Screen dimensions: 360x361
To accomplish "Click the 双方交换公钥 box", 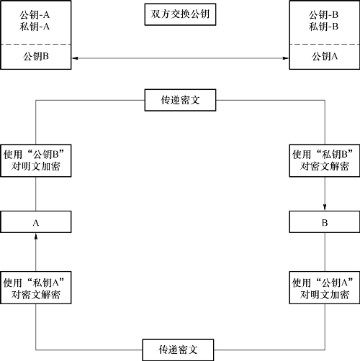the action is coord(180,14).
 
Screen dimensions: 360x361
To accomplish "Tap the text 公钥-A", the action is coord(35,15).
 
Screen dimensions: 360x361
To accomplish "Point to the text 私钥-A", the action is coord(35,27).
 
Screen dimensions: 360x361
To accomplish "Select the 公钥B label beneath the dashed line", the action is coord(36,56).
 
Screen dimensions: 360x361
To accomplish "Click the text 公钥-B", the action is coord(323,15).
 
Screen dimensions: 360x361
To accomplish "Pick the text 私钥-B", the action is coord(323,27).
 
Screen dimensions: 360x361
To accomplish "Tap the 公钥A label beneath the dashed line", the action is coord(325,56).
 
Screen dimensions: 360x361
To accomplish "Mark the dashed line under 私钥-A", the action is coord(36,44).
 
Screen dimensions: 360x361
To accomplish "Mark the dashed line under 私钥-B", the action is coord(325,44).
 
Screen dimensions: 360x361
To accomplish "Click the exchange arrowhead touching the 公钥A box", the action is coord(286,58).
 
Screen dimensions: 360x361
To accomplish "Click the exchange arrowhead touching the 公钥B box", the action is coord(75,58).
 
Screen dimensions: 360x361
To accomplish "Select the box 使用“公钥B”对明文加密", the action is coord(36,160).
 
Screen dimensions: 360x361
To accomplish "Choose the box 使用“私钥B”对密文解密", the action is coord(325,160).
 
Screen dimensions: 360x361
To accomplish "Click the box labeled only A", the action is coord(36,222).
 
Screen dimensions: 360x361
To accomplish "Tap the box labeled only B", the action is coord(325,222).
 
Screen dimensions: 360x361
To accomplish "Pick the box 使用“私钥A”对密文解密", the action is coord(36,288).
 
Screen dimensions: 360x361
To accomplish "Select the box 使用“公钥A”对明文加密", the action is coord(325,288).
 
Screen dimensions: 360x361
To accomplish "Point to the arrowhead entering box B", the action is coord(325,208).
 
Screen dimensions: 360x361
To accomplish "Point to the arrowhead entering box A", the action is coord(36,237).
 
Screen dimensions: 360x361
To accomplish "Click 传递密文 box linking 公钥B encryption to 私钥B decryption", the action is coord(180,100).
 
